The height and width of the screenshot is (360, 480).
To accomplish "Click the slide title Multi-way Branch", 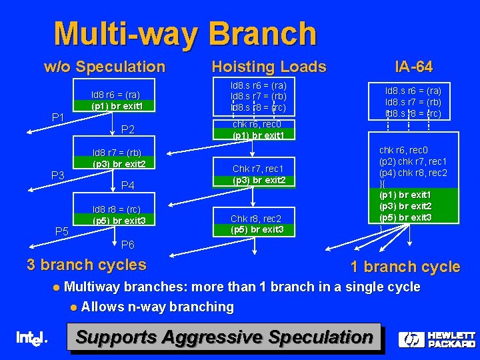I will [185, 33].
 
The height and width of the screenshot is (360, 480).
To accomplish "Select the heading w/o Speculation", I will [104, 67].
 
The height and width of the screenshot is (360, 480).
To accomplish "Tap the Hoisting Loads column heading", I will [269, 67].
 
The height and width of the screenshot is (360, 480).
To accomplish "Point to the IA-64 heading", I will [413, 67].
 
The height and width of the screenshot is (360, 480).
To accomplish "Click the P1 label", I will [59, 118].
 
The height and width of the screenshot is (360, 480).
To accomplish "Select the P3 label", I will [59, 175].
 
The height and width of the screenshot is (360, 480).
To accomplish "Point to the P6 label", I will [129, 245].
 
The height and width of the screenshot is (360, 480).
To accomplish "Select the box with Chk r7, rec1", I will [259, 174].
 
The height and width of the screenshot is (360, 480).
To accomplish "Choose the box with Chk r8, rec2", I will [257, 224].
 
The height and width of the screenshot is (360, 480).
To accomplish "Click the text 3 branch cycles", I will [86, 265].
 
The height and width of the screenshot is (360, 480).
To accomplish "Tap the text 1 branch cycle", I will [405, 267].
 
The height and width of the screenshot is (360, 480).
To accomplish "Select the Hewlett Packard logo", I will [437, 339].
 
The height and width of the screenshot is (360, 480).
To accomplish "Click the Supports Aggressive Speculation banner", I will [224, 337].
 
